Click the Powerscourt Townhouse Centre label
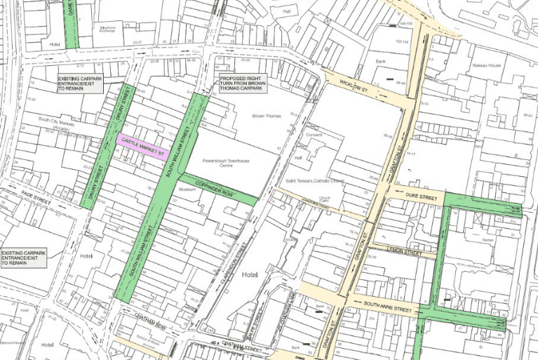click(226, 164)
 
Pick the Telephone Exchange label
click(107, 29)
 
